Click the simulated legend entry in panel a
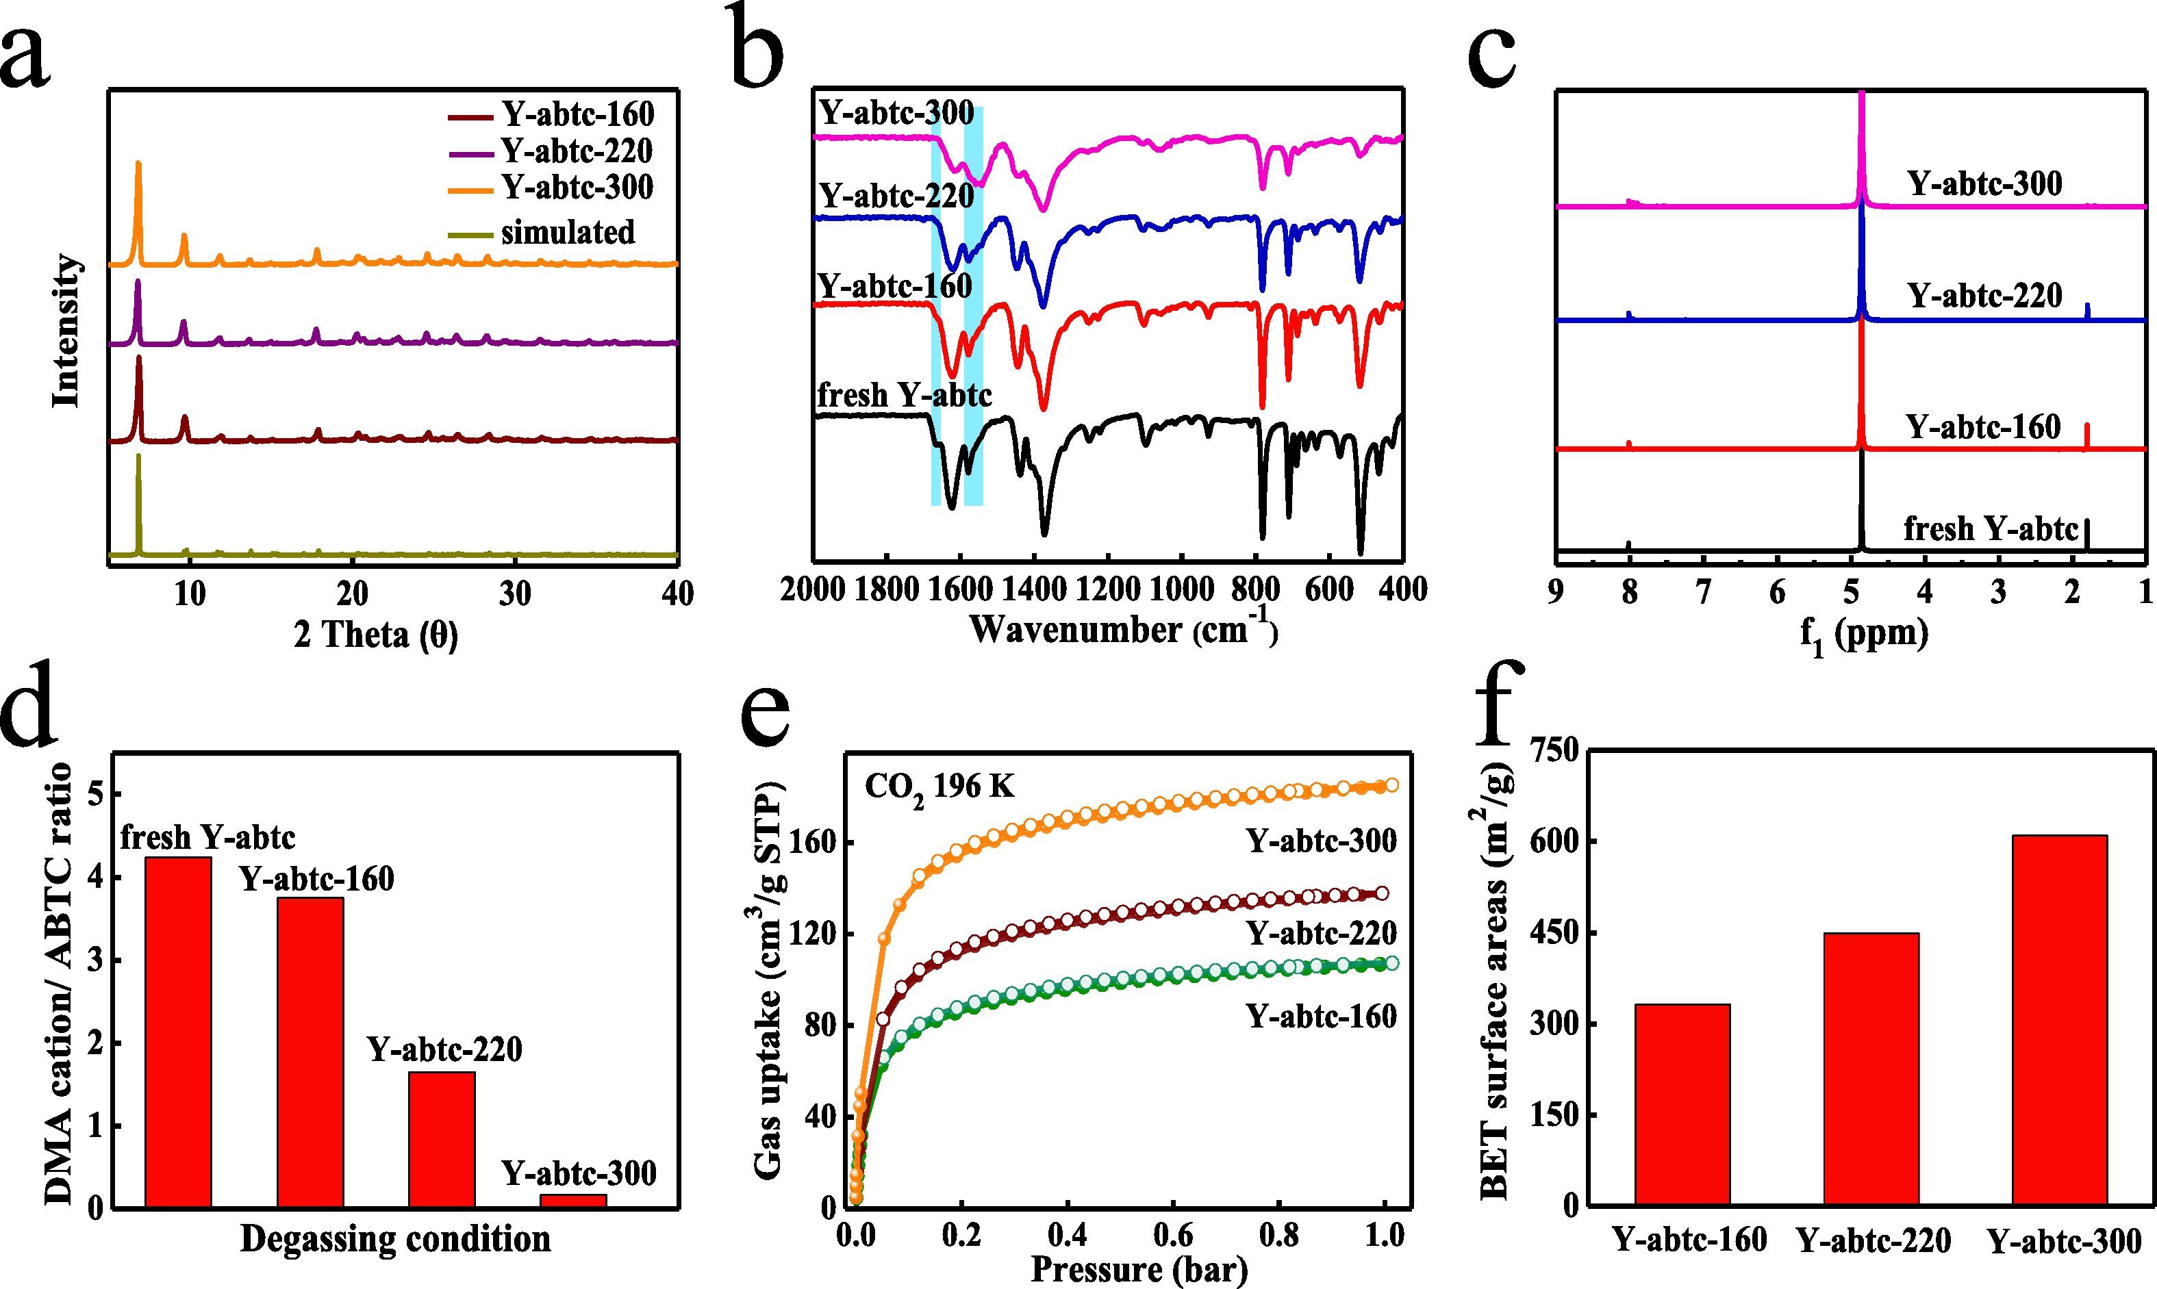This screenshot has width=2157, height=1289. [567, 233]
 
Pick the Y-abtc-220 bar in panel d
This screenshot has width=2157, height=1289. [442, 1140]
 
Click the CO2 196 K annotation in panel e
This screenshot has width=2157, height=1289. [939, 788]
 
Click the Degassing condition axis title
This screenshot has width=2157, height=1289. [395, 1238]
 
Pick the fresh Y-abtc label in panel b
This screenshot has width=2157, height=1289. [905, 396]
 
